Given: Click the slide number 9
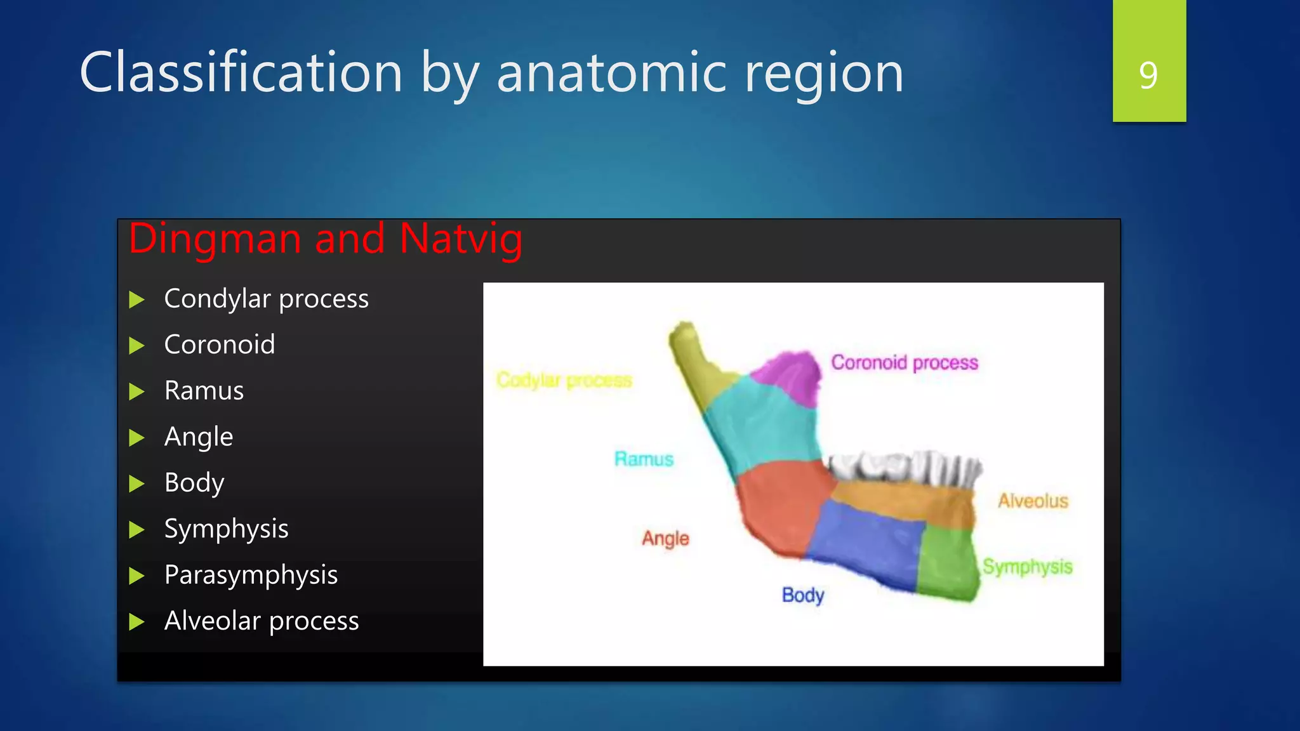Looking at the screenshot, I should tap(1148, 75).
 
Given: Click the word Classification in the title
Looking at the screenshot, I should tap(241, 73).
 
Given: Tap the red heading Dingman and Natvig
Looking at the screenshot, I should tap(326, 239).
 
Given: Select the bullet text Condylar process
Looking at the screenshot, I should tap(266, 299).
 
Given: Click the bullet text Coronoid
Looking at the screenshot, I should tap(220, 345).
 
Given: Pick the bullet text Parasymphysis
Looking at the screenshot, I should tap(251, 575).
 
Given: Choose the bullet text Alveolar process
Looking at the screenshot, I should tap(262, 621).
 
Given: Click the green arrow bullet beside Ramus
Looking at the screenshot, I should tap(136, 392).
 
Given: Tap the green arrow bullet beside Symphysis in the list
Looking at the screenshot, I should tap(136, 530).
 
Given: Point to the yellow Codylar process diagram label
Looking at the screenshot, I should tap(564, 380).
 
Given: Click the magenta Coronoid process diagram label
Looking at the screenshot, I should tap(905, 362).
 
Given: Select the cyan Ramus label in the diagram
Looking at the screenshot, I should tap(644, 459).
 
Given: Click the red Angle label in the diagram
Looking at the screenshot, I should tap(665, 538).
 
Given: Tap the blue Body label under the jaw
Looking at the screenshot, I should tap(803, 595).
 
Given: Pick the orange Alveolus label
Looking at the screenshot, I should tap(1033, 501).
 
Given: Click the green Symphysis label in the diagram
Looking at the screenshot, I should tap(1027, 566).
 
